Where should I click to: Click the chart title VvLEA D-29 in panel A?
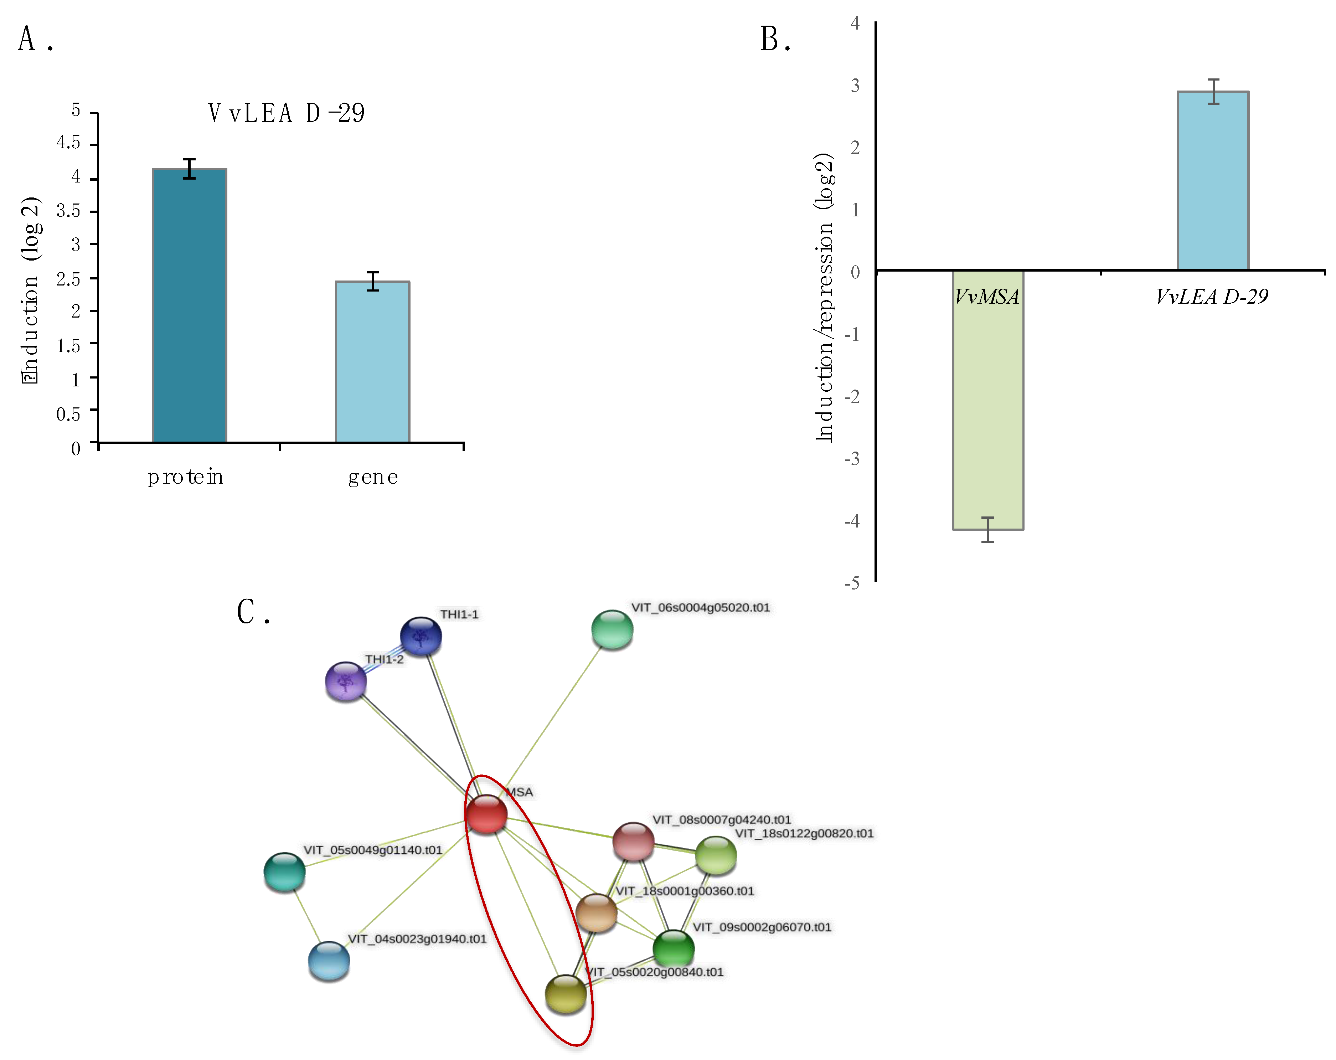(x=286, y=113)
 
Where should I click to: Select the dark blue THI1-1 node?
(x=421, y=636)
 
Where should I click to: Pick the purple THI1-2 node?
(x=346, y=681)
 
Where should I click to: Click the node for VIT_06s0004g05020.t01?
(x=612, y=629)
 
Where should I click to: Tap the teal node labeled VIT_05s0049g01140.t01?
(x=284, y=871)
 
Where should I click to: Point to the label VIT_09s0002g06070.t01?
(x=762, y=927)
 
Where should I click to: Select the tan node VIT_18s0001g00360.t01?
(x=596, y=912)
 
